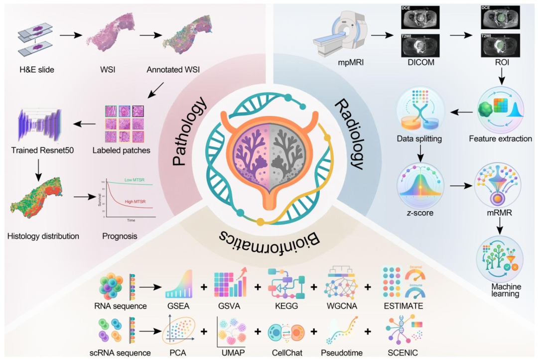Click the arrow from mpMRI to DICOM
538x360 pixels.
pos(381,35)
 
